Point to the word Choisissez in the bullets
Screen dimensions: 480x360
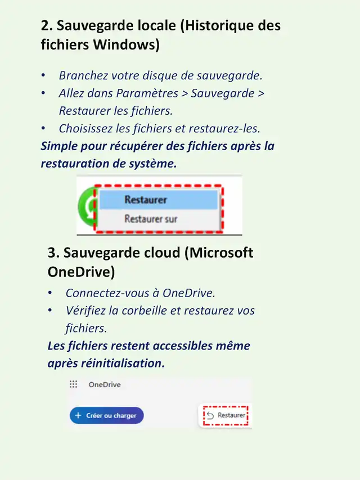(87, 128)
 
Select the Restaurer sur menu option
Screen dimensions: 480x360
(151, 218)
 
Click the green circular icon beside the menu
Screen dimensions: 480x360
(86, 210)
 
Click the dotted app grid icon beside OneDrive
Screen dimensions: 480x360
(73, 385)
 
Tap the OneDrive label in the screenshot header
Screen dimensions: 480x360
(105, 385)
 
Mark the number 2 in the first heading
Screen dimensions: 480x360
(45, 25)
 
